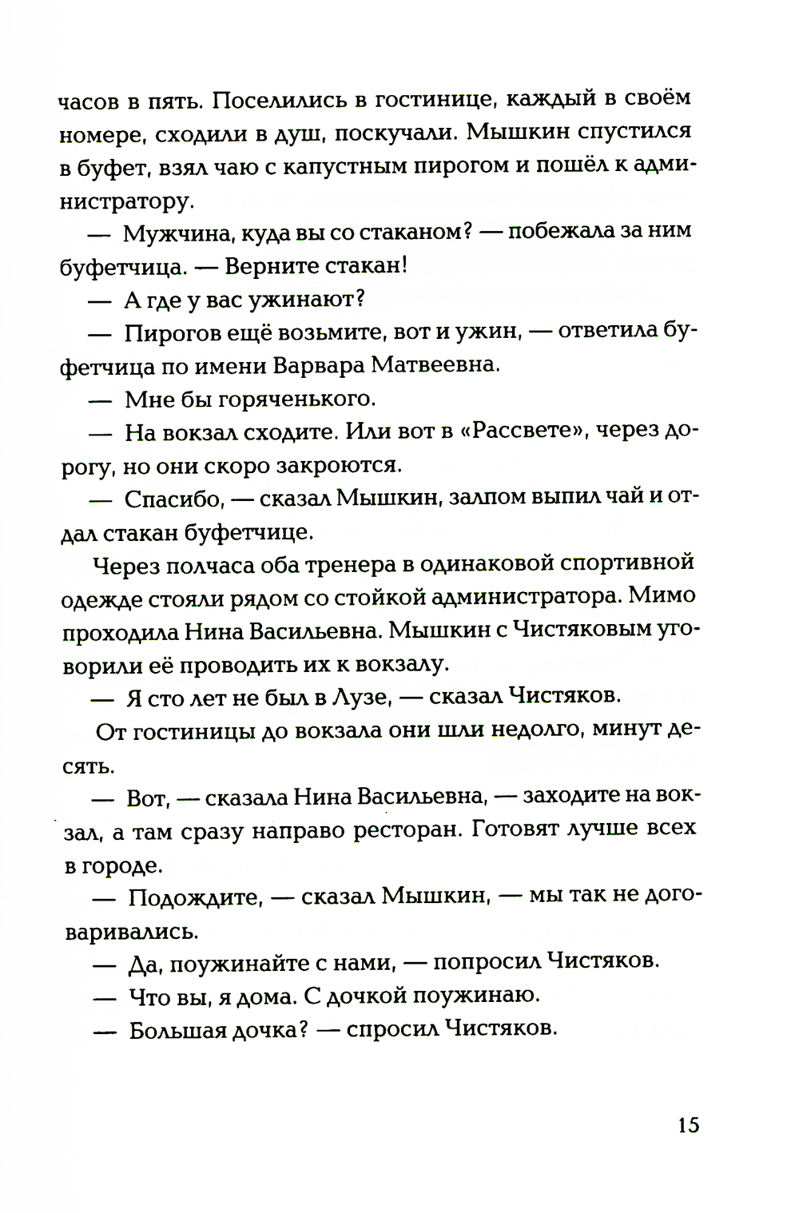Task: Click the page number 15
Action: point(689,1125)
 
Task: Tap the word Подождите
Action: point(195,897)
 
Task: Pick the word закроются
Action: point(337,464)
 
